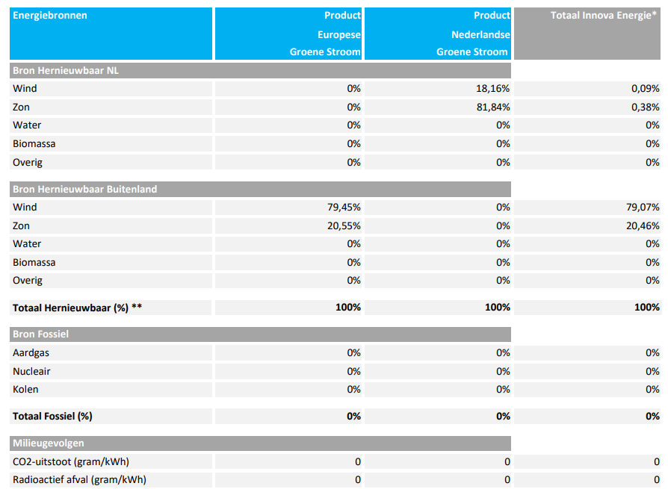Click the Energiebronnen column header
point(50,16)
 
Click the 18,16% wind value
point(493,89)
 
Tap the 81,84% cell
point(493,108)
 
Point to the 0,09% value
point(646,89)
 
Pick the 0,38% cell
point(646,108)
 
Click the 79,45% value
point(344,208)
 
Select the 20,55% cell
point(344,226)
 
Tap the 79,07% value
point(643,208)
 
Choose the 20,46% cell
point(643,226)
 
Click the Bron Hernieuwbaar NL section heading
point(66,71)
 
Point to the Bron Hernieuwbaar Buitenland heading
point(84,190)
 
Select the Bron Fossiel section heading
point(40,334)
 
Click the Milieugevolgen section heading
point(48,443)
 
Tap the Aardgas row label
point(31,353)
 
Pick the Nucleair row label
point(31,372)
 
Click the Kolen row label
point(25,390)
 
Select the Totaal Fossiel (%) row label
point(52,417)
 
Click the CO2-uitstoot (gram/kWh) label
point(71,462)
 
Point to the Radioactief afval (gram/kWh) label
point(79,479)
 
